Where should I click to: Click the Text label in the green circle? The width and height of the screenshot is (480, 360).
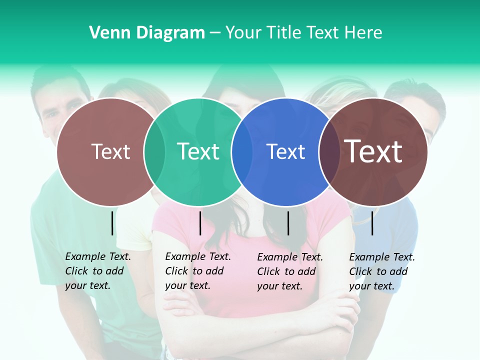coord(198,151)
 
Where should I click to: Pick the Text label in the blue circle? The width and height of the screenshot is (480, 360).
coord(285,152)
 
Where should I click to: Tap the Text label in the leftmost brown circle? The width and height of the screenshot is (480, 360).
coord(111,151)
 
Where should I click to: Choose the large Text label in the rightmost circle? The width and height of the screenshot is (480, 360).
coord(374,151)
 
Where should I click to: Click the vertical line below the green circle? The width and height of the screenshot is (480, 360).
coord(200,223)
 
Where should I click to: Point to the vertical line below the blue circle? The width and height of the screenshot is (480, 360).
coord(288,223)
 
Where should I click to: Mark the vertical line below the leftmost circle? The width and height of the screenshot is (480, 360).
coord(112,223)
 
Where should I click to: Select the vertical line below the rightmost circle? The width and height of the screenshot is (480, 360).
coord(372,223)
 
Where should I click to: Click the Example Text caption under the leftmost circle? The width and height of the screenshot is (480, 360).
coord(98,271)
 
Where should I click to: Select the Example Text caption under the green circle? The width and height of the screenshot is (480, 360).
coord(198,271)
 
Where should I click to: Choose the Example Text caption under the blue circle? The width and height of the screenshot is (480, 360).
coord(290,271)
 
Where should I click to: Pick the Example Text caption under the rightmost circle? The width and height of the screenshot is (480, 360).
coord(382,271)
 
